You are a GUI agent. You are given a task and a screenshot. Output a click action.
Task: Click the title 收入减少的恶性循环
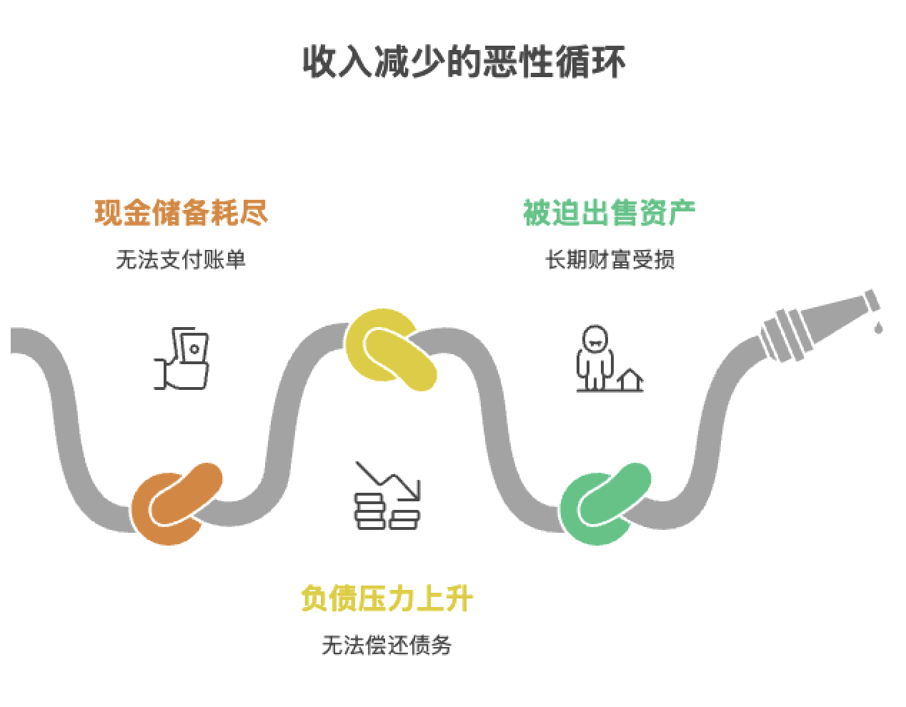pos(464,61)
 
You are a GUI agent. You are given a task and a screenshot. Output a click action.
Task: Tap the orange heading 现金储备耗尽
pos(181,213)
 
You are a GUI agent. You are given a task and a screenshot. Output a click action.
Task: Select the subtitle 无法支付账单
pos(181,259)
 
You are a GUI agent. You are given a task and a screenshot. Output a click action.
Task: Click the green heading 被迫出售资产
pos(609,213)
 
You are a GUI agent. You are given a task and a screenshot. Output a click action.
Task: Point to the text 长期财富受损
pos(609,259)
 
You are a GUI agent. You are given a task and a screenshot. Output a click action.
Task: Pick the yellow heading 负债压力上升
pos(387,598)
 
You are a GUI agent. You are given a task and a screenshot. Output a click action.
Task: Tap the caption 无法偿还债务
pos(387,646)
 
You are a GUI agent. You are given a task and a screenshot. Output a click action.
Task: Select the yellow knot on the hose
pos(391,349)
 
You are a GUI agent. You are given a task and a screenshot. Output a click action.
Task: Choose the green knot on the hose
pos(604,503)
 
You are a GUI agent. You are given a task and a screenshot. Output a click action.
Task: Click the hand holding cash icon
pos(182,358)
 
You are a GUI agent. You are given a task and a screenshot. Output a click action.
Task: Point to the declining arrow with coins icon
pos(387,496)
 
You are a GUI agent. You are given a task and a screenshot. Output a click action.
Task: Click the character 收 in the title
pos(319,61)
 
